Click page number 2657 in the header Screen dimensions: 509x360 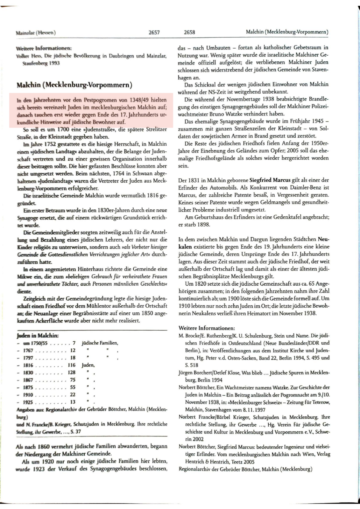[x=154, y=32]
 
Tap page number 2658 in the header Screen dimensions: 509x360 [x=189, y=32]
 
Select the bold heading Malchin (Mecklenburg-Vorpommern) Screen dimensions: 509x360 [x=74, y=85]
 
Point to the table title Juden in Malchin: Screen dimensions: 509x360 [x=38, y=336]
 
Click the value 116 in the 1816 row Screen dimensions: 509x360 [x=72, y=365]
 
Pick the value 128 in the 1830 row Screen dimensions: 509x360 [x=72, y=373]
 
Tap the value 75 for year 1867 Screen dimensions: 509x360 [x=73, y=380]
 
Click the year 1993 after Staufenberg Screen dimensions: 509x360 [x=54, y=63]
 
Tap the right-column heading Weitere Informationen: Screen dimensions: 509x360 [x=207, y=328]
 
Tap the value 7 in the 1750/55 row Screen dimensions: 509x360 [x=74, y=343]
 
